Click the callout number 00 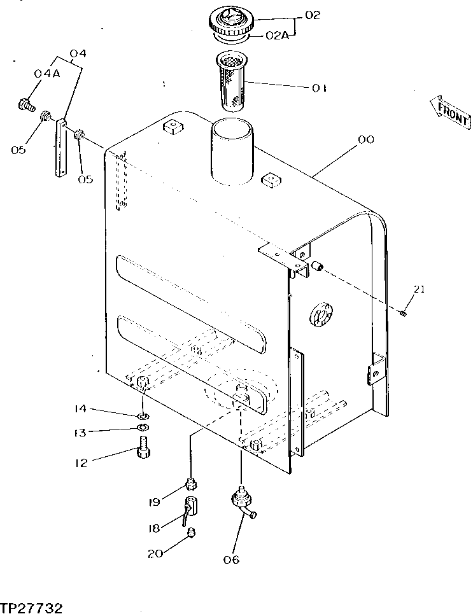pos(367,139)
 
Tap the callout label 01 pos(318,88)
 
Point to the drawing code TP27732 pos(31,606)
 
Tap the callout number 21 pos(418,290)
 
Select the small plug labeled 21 pos(404,312)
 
